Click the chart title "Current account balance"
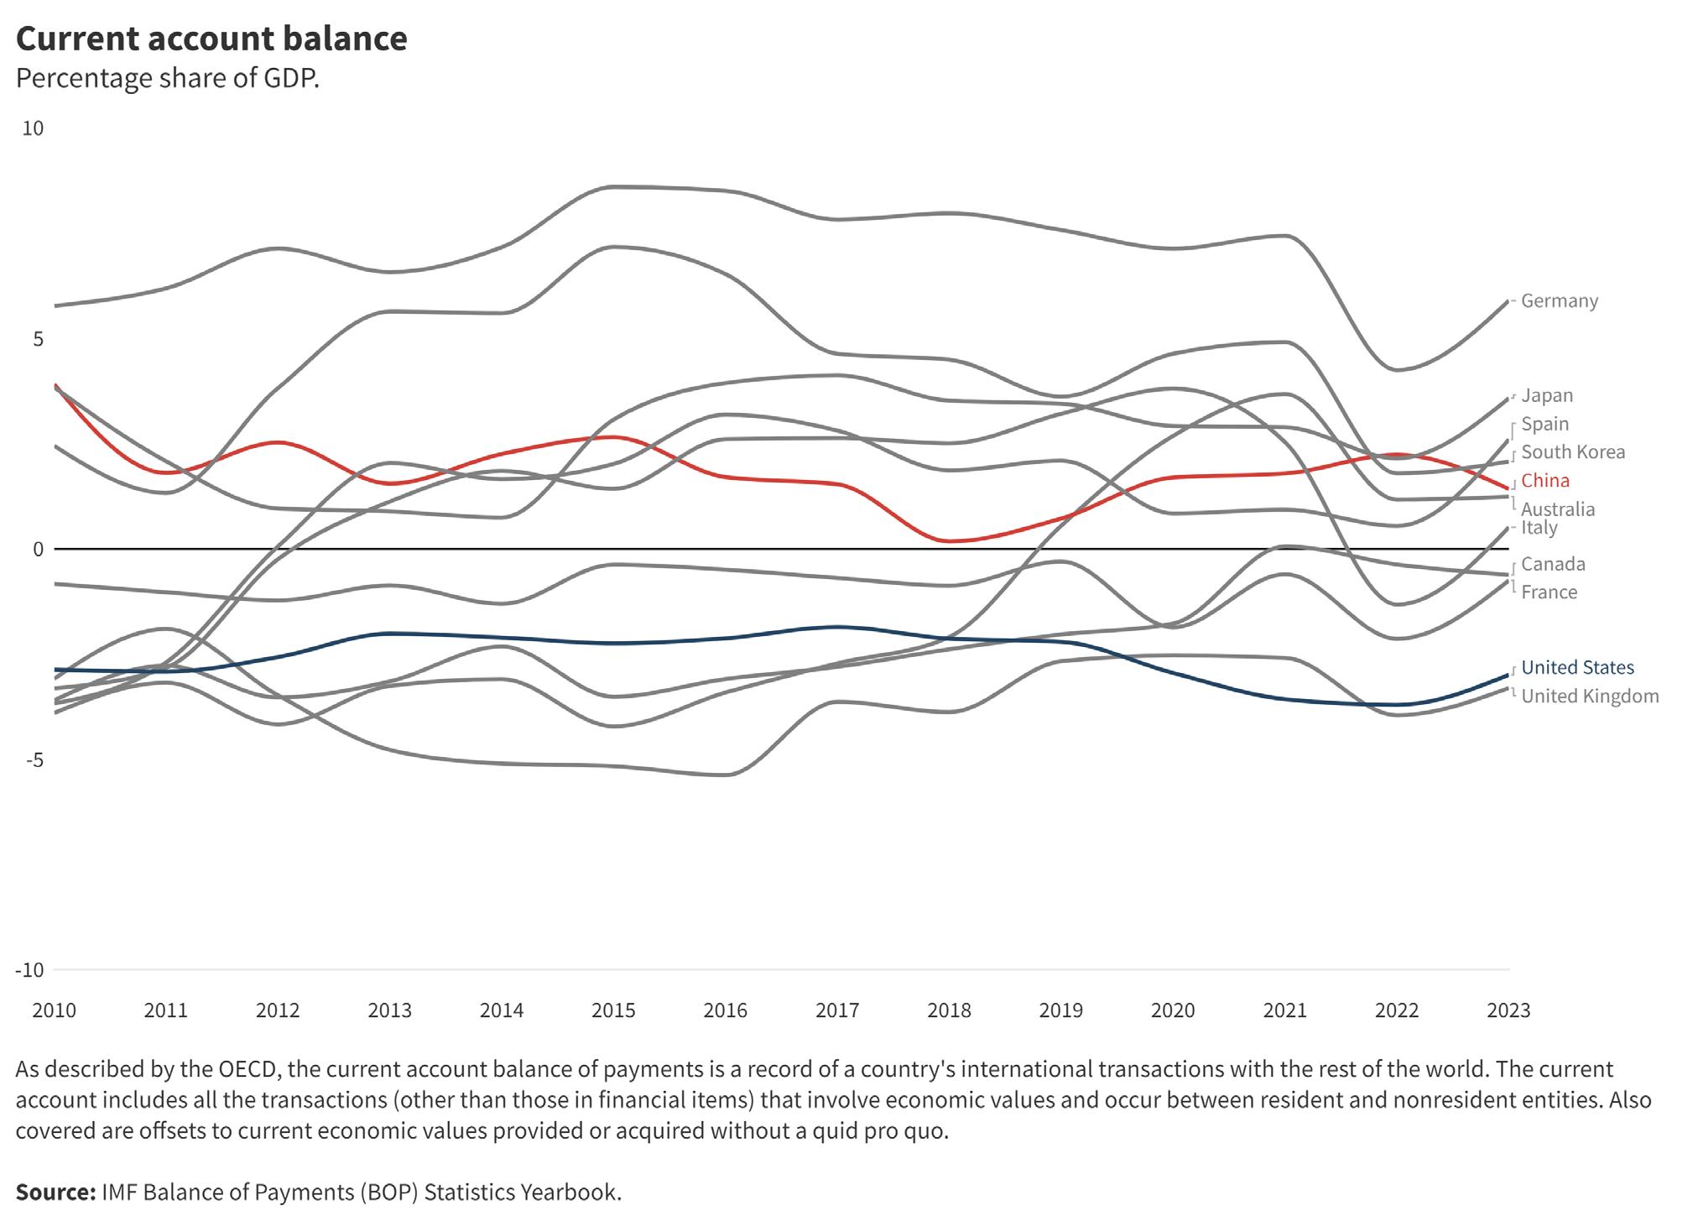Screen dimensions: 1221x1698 coord(211,39)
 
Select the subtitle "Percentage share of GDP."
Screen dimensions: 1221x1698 coord(168,78)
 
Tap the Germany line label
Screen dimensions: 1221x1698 coord(1559,300)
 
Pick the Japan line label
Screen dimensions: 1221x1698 coord(1546,395)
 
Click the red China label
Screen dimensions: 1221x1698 coord(1544,480)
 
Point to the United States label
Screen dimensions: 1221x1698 coord(1577,667)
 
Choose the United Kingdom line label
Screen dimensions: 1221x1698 coord(1590,696)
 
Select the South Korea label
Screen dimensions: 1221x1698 coord(1572,451)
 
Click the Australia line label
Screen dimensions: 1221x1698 coord(1557,509)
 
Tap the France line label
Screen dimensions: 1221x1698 coord(1549,592)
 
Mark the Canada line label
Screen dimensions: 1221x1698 coord(1553,564)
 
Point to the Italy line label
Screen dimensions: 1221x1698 coord(1539,528)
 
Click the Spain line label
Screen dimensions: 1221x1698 coord(1544,424)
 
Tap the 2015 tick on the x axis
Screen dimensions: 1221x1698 coord(613,1010)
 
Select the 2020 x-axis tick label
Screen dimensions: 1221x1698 coord(1173,1010)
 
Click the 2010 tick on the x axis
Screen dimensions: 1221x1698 coord(54,1010)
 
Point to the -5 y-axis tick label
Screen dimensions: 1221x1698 coord(34,760)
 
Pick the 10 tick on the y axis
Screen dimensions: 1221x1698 coord(33,128)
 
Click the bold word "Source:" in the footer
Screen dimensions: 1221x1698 coord(55,1192)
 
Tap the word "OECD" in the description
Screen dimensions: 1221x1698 coord(248,1069)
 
